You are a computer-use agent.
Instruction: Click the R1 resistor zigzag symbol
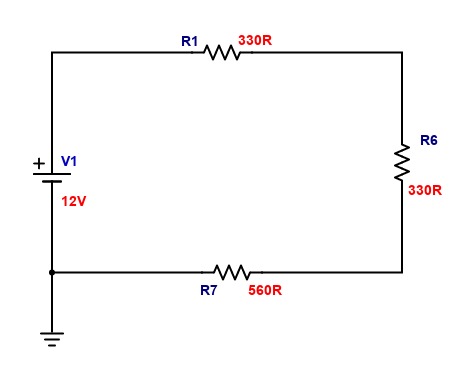[222, 52]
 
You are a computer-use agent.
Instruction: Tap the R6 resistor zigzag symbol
[402, 163]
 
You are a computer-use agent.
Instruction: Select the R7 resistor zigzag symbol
[232, 272]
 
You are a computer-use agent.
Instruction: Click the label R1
[190, 41]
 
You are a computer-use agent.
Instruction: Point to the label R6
[429, 140]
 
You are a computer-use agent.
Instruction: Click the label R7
[209, 290]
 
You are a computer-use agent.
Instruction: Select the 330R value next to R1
[255, 40]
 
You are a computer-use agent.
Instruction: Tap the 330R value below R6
[425, 190]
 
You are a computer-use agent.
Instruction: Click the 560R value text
[265, 290]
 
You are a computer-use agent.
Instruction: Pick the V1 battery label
[69, 161]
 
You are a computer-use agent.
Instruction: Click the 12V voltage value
[74, 201]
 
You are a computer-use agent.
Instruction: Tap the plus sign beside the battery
[39, 163]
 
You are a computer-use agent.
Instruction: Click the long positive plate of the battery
[52, 174]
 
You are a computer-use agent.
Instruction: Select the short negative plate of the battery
[52, 182]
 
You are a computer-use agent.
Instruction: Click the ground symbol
[52, 339]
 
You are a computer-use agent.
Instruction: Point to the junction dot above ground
[52, 272]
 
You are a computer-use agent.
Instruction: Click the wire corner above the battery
[52, 52]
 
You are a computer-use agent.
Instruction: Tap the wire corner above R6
[402, 52]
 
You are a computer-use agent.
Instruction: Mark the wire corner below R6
[402, 272]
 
